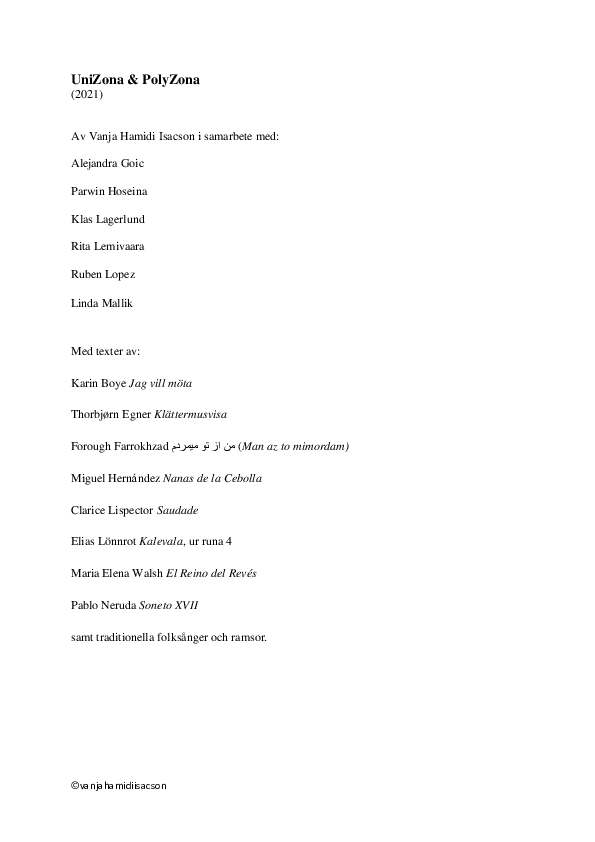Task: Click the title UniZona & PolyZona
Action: coord(135,79)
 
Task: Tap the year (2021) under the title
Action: coord(87,95)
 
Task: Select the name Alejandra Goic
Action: coord(107,163)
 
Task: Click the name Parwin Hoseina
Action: coord(109,191)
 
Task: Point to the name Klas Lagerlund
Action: coord(108,219)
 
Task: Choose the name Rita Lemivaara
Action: coord(107,246)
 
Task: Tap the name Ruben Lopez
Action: coord(103,274)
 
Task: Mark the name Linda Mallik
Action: coord(101,303)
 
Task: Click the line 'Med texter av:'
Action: coord(105,351)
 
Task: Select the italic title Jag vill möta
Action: coord(161,383)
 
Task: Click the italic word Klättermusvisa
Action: coord(191,415)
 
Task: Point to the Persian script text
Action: coord(204,446)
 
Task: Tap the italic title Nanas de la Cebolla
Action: coord(213,478)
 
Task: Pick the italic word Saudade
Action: coord(178,510)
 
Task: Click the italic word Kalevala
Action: coord(161,541)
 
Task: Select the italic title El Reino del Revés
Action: coord(211,574)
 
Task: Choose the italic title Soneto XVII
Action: coord(169,605)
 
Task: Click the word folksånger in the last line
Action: coord(183,638)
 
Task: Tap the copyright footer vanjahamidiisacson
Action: coord(119,786)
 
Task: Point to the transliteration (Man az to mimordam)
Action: coord(294,446)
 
